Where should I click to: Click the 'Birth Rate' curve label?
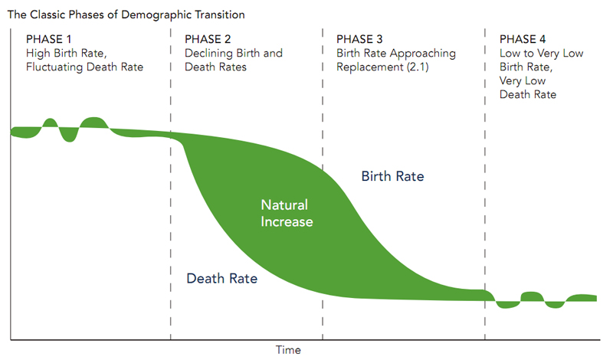point(392,177)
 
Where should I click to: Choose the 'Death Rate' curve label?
point(221,279)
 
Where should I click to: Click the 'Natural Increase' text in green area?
point(287,214)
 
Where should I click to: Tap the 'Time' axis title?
point(288,350)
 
